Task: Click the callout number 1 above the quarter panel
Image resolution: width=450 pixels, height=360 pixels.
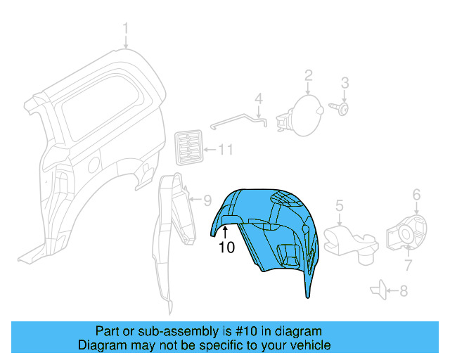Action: tap(126, 29)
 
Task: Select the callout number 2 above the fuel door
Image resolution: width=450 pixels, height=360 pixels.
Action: tap(308, 75)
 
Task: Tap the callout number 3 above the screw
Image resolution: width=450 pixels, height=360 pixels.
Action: tap(345, 84)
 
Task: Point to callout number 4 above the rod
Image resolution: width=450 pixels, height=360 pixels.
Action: tap(258, 97)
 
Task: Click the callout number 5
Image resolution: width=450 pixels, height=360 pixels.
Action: tap(338, 205)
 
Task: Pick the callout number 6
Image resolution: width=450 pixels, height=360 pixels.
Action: tap(416, 194)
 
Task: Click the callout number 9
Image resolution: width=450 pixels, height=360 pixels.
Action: tap(207, 200)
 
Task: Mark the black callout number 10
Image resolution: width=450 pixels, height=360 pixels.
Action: tap(226, 247)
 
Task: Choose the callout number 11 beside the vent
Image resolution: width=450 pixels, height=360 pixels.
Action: tap(225, 150)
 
